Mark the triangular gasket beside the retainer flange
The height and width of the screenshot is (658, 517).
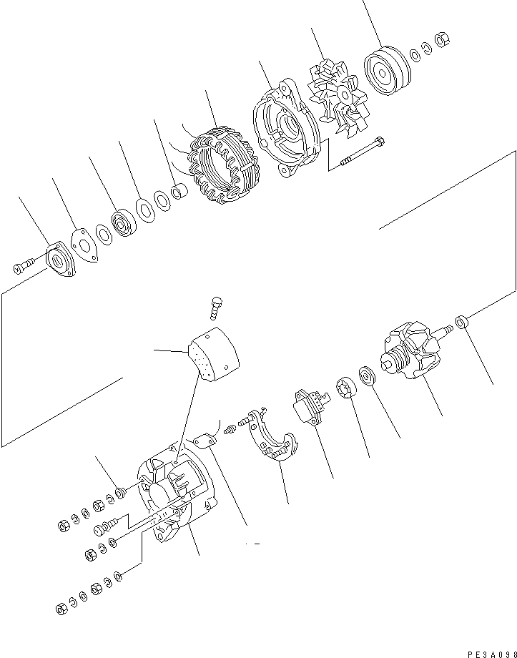point(85,242)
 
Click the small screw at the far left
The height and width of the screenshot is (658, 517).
point(21,267)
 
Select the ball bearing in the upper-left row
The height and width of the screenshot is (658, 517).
point(124,222)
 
